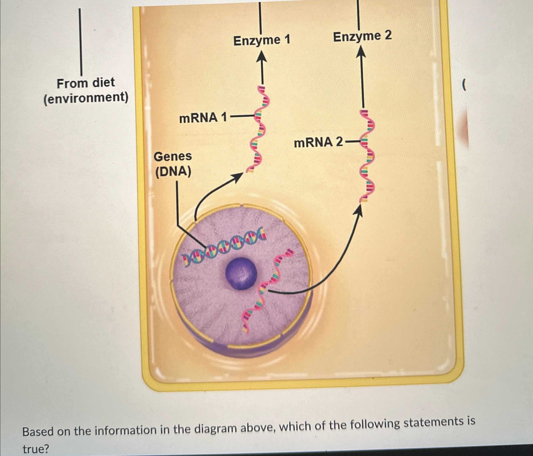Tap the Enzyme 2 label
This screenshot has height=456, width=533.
coord(362,36)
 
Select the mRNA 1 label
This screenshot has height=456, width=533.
coord(203,118)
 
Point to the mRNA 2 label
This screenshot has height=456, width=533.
coord(318,142)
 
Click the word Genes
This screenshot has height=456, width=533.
coord(173,156)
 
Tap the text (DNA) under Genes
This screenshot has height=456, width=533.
coord(173,172)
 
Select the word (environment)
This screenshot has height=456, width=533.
coord(86,98)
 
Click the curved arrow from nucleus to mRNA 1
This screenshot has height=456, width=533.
coord(211,190)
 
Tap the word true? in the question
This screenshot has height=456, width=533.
coord(36,449)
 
